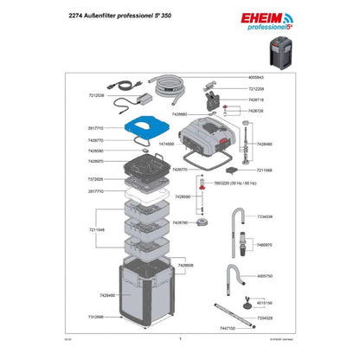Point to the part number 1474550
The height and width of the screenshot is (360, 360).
[x=165, y=144]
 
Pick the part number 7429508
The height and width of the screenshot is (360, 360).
[x=187, y=265]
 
